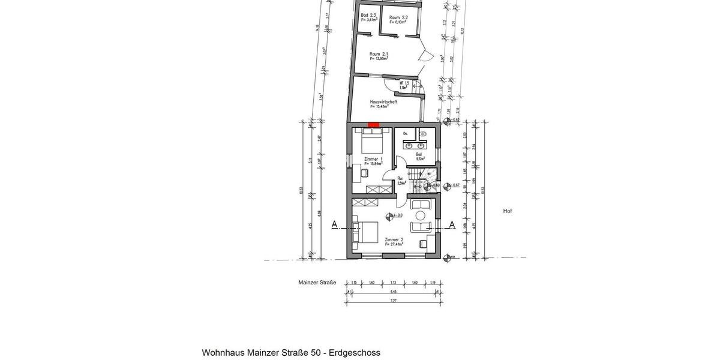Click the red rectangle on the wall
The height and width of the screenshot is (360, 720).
pos(373,125)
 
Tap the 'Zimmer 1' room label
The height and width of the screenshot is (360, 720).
pos(373,159)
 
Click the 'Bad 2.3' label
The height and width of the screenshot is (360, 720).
pos(368,15)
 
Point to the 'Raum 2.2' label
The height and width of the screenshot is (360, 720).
pos(398,17)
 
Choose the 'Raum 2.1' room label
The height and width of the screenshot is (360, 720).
pos(379,54)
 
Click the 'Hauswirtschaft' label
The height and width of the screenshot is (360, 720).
pos(383,102)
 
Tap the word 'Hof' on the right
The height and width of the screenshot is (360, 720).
pos(508,211)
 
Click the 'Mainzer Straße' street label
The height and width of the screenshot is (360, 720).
pos(317,282)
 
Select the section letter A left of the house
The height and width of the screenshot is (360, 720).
pos(334,224)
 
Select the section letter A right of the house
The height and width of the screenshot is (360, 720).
pos(452,224)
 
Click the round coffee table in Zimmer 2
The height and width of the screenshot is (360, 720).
pos(420,215)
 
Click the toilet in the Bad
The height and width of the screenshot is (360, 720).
pos(423,134)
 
